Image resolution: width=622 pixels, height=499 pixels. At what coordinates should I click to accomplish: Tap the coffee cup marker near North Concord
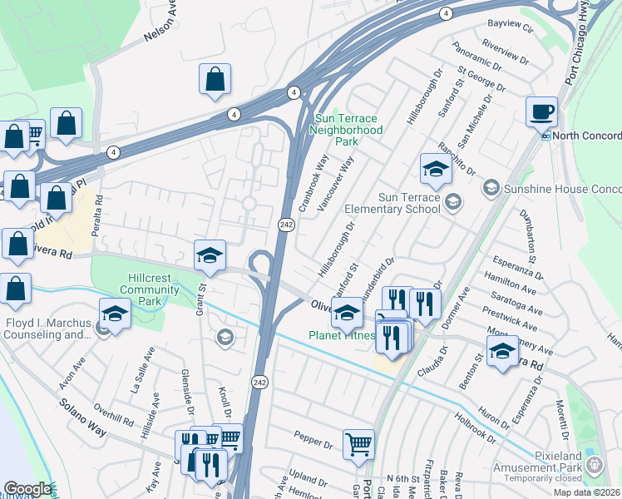point(541,111)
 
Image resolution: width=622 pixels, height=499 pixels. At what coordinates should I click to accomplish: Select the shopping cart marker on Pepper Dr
point(358,444)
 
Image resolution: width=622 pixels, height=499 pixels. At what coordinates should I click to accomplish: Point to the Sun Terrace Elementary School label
point(397,203)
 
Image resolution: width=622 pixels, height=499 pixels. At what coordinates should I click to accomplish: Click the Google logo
point(27,489)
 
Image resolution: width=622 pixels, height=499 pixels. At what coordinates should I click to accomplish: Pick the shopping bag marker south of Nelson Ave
point(215,80)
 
